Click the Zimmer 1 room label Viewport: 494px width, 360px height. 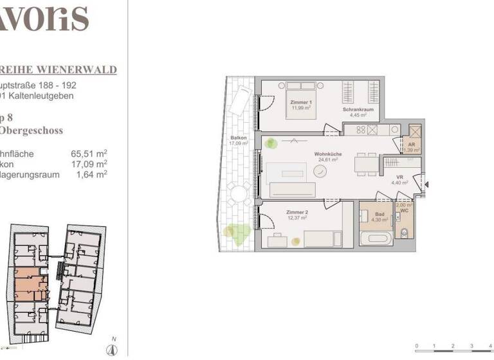(302, 103)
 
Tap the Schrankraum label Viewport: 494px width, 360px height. (358, 111)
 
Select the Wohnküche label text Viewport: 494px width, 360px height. (328, 155)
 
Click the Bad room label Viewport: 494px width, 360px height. (380, 214)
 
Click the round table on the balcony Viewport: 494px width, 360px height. (240, 192)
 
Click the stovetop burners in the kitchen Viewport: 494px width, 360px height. (354, 129)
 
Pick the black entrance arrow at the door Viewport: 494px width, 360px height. (426, 185)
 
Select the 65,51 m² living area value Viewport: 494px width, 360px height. (89, 154)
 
